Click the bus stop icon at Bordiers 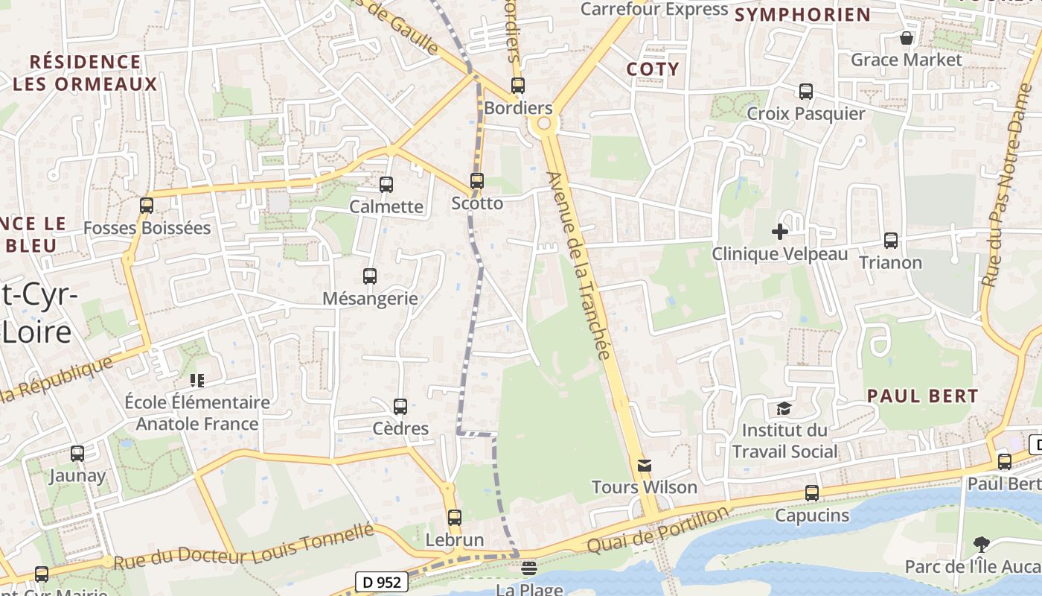click(x=517, y=86)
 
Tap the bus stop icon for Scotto click(x=477, y=181)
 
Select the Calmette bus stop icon click(x=386, y=185)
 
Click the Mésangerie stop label click(x=370, y=299)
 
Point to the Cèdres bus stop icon click(x=400, y=407)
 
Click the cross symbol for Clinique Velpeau click(x=780, y=232)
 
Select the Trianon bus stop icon click(x=891, y=241)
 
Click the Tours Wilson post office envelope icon click(x=645, y=466)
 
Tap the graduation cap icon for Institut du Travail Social click(x=784, y=408)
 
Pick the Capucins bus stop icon click(x=812, y=493)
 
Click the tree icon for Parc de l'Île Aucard click(x=982, y=545)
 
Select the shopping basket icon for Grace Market click(x=907, y=38)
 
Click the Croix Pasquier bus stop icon click(x=806, y=92)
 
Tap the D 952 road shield click(x=380, y=582)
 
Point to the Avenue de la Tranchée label click(x=579, y=264)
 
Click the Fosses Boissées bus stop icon click(x=147, y=206)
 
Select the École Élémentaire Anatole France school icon click(x=197, y=381)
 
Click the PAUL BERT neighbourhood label click(x=923, y=396)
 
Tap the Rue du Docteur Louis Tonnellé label click(x=243, y=547)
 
